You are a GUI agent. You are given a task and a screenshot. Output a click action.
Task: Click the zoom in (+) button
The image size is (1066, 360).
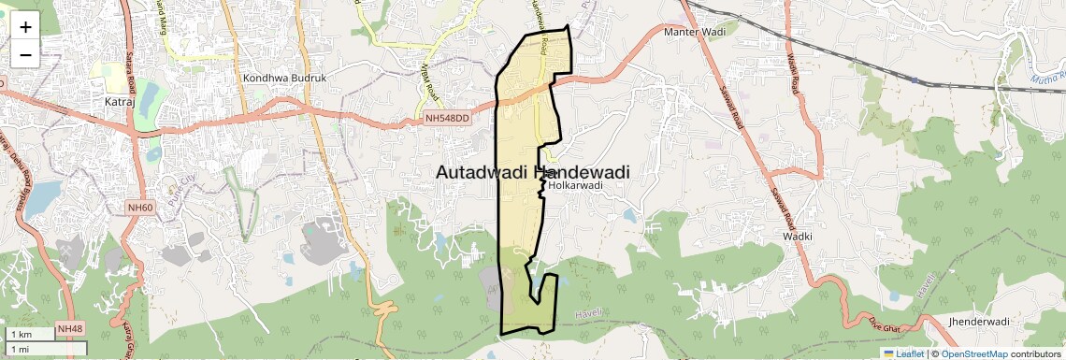pyautogui.click(x=25, y=28)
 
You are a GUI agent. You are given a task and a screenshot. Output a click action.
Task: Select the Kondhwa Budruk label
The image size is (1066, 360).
pyautogui.click(x=284, y=79)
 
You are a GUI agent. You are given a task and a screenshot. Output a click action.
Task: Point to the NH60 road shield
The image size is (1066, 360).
pyautogui.click(x=141, y=207)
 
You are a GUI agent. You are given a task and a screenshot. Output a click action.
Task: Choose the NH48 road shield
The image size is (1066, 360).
pyautogui.click(x=70, y=329)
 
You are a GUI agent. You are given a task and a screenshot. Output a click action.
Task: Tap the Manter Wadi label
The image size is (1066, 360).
pyautogui.click(x=695, y=33)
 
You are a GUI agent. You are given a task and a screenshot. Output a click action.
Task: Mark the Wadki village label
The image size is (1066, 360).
pyautogui.click(x=798, y=237)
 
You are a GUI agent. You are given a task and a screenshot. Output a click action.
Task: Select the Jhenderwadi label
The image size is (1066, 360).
pyautogui.click(x=979, y=322)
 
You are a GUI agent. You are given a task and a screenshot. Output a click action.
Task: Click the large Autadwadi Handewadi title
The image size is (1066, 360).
pyautogui.click(x=532, y=173)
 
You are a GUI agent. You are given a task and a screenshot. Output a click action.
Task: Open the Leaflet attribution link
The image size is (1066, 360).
pyautogui.click(x=903, y=353)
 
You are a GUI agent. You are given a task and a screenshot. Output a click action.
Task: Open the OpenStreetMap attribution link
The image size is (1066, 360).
pyautogui.click(x=973, y=353)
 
